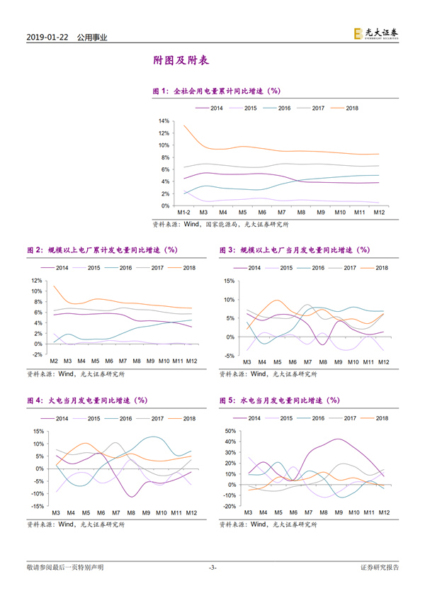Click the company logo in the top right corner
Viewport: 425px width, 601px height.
click(x=375, y=33)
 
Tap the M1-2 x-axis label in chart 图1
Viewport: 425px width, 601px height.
click(x=183, y=213)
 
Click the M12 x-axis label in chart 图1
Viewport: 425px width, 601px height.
click(x=379, y=213)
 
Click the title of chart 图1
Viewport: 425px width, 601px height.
click(x=217, y=91)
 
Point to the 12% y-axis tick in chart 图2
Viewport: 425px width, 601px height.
click(x=37, y=281)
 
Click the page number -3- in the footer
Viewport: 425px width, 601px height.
click(x=212, y=568)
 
